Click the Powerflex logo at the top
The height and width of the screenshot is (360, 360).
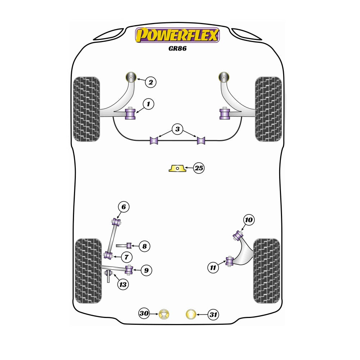click(177, 35)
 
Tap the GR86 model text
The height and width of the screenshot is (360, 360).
click(177, 49)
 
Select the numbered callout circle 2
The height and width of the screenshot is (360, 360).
click(151, 82)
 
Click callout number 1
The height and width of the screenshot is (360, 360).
click(148, 104)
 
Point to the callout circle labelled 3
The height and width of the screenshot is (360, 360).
click(177, 129)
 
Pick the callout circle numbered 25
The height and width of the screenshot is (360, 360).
click(199, 168)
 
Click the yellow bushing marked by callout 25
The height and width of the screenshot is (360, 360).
click(177, 168)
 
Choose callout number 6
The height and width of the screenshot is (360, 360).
click(124, 207)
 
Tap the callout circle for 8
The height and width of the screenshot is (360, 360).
click(144, 246)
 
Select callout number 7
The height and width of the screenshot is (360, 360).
click(126, 257)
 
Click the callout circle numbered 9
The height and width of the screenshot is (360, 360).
click(146, 270)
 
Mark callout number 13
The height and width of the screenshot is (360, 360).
click(123, 285)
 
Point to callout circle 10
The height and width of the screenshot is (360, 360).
click(249, 220)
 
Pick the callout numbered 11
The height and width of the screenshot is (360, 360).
click(213, 267)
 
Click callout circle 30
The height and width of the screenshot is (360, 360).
click(144, 313)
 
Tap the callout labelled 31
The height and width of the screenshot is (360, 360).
click(213, 314)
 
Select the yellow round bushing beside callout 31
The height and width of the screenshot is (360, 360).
click(191, 314)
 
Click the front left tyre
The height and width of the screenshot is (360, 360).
click(86, 109)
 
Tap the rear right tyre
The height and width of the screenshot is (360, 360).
click(267, 271)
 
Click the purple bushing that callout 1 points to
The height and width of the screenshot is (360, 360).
click(130, 114)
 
